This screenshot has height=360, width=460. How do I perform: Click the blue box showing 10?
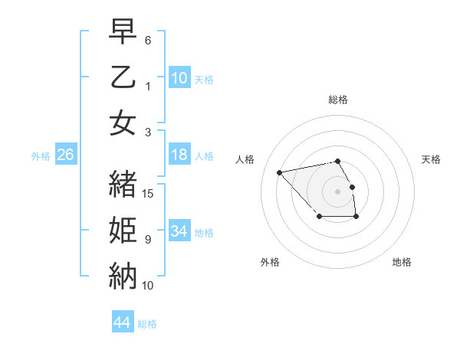click(179, 78)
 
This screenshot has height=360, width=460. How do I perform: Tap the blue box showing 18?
click(179, 155)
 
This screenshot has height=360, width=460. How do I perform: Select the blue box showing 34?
click(179, 231)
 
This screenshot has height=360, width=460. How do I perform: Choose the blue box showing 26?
click(65, 155)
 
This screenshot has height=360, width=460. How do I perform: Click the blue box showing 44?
click(122, 322)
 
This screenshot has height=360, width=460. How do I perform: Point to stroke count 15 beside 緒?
click(149, 194)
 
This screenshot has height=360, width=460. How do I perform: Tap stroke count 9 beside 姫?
click(148, 240)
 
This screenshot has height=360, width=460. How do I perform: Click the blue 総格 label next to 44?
click(147, 324)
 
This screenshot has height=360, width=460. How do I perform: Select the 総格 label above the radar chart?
click(337, 100)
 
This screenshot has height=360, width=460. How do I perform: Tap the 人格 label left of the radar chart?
click(245, 159)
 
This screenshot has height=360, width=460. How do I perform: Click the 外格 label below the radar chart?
click(270, 262)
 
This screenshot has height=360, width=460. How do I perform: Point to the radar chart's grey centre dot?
click(337, 191)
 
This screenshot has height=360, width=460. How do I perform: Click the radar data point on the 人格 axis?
click(280, 172)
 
